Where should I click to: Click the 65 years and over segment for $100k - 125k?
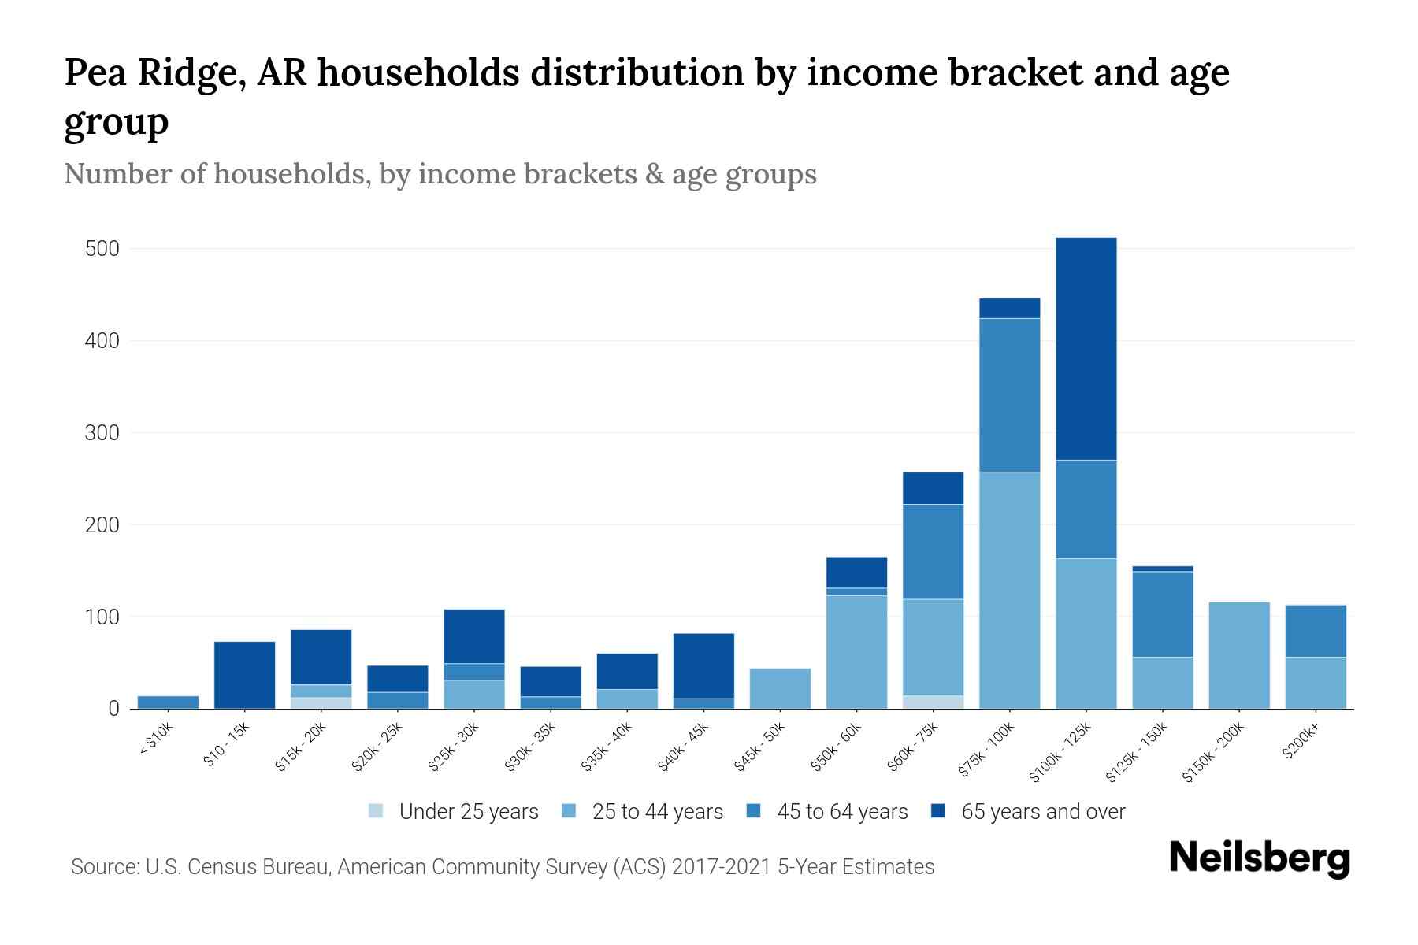point(1086,348)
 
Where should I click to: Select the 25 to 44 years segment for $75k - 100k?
point(1010,590)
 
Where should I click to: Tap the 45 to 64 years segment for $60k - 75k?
point(933,551)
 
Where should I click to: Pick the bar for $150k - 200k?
point(1239,655)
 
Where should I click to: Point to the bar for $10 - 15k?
point(245,675)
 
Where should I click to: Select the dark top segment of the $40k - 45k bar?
point(703,665)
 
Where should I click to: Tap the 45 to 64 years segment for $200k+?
point(1316,631)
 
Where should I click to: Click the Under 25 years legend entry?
point(455,812)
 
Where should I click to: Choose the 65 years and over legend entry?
point(1028,812)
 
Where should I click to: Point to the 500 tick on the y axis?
point(102,249)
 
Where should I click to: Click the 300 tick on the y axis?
point(102,433)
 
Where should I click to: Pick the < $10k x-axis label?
point(155,739)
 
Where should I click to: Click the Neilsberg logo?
point(1260,858)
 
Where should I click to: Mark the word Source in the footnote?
point(102,867)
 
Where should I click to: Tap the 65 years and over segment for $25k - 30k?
point(474,636)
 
